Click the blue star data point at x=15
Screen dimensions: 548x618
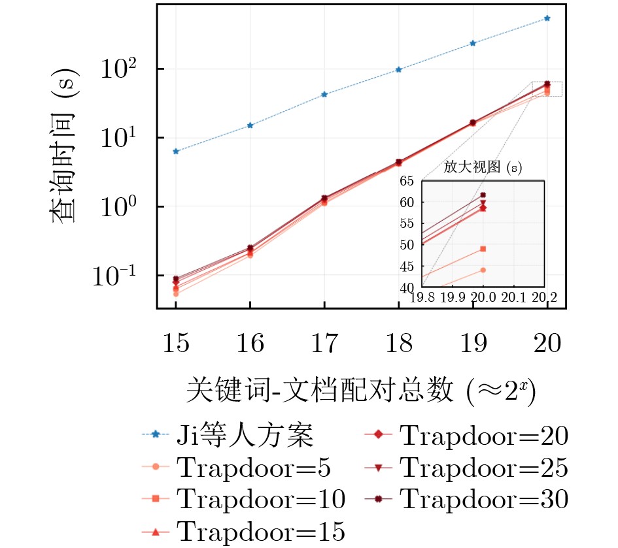point(175,151)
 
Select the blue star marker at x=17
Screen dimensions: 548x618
point(324,94)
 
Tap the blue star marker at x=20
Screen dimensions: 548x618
point(547,18)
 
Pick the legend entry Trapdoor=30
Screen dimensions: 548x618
point(484,500)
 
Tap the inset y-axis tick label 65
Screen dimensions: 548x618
point(407,182)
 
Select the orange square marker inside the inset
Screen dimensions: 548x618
point(483,249)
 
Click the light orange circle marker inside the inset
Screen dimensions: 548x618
point(483,270)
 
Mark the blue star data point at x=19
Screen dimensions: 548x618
point(472,43)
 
